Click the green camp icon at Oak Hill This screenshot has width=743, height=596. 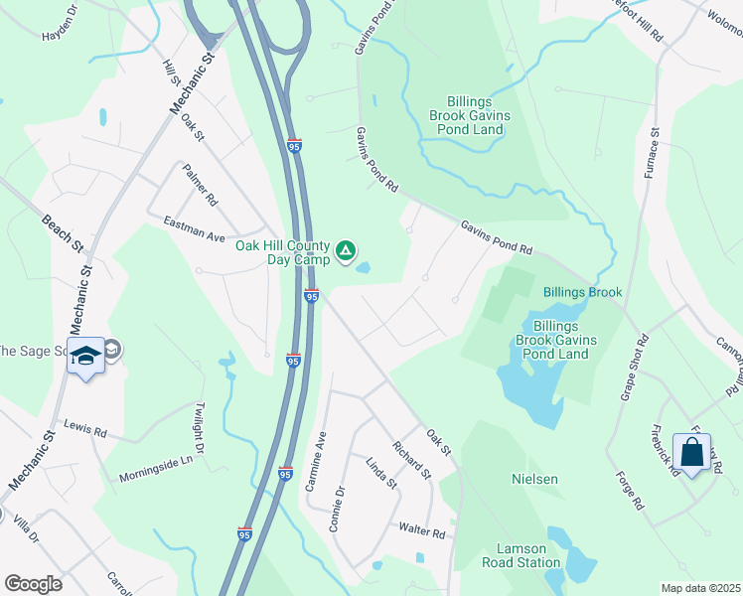tap(345, 250)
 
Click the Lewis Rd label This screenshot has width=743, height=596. tap(84, 430)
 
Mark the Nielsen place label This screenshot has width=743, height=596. tap(534, 479)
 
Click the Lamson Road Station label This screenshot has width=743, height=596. tap(528, 555)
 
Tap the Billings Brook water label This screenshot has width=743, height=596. tap(582, 292)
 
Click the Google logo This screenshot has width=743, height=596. tap(33, 584)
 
